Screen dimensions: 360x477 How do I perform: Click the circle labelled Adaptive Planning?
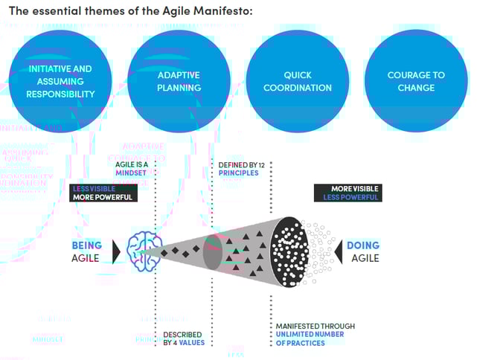click(179, 81)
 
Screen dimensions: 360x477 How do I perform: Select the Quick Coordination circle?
click(298, 81)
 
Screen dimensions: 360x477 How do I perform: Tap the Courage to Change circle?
click(416, 81)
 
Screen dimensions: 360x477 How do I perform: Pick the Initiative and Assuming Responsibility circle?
click(60, 81)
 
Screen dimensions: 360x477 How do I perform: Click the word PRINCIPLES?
click(238, 173)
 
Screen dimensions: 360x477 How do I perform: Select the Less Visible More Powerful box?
click(103, 193)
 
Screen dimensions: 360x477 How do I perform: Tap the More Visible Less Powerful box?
click(348, 193)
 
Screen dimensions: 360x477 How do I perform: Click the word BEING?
click(87, 245)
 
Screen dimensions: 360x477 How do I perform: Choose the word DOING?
click(362, 245)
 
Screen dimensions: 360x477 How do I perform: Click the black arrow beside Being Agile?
click(116, 251)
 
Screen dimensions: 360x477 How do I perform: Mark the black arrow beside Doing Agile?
click(336, 251)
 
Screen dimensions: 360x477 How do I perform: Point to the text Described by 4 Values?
click(184, 338)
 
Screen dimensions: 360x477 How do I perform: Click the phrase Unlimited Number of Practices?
click(306, 338)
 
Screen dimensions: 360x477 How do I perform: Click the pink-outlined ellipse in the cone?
click(214, 251)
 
